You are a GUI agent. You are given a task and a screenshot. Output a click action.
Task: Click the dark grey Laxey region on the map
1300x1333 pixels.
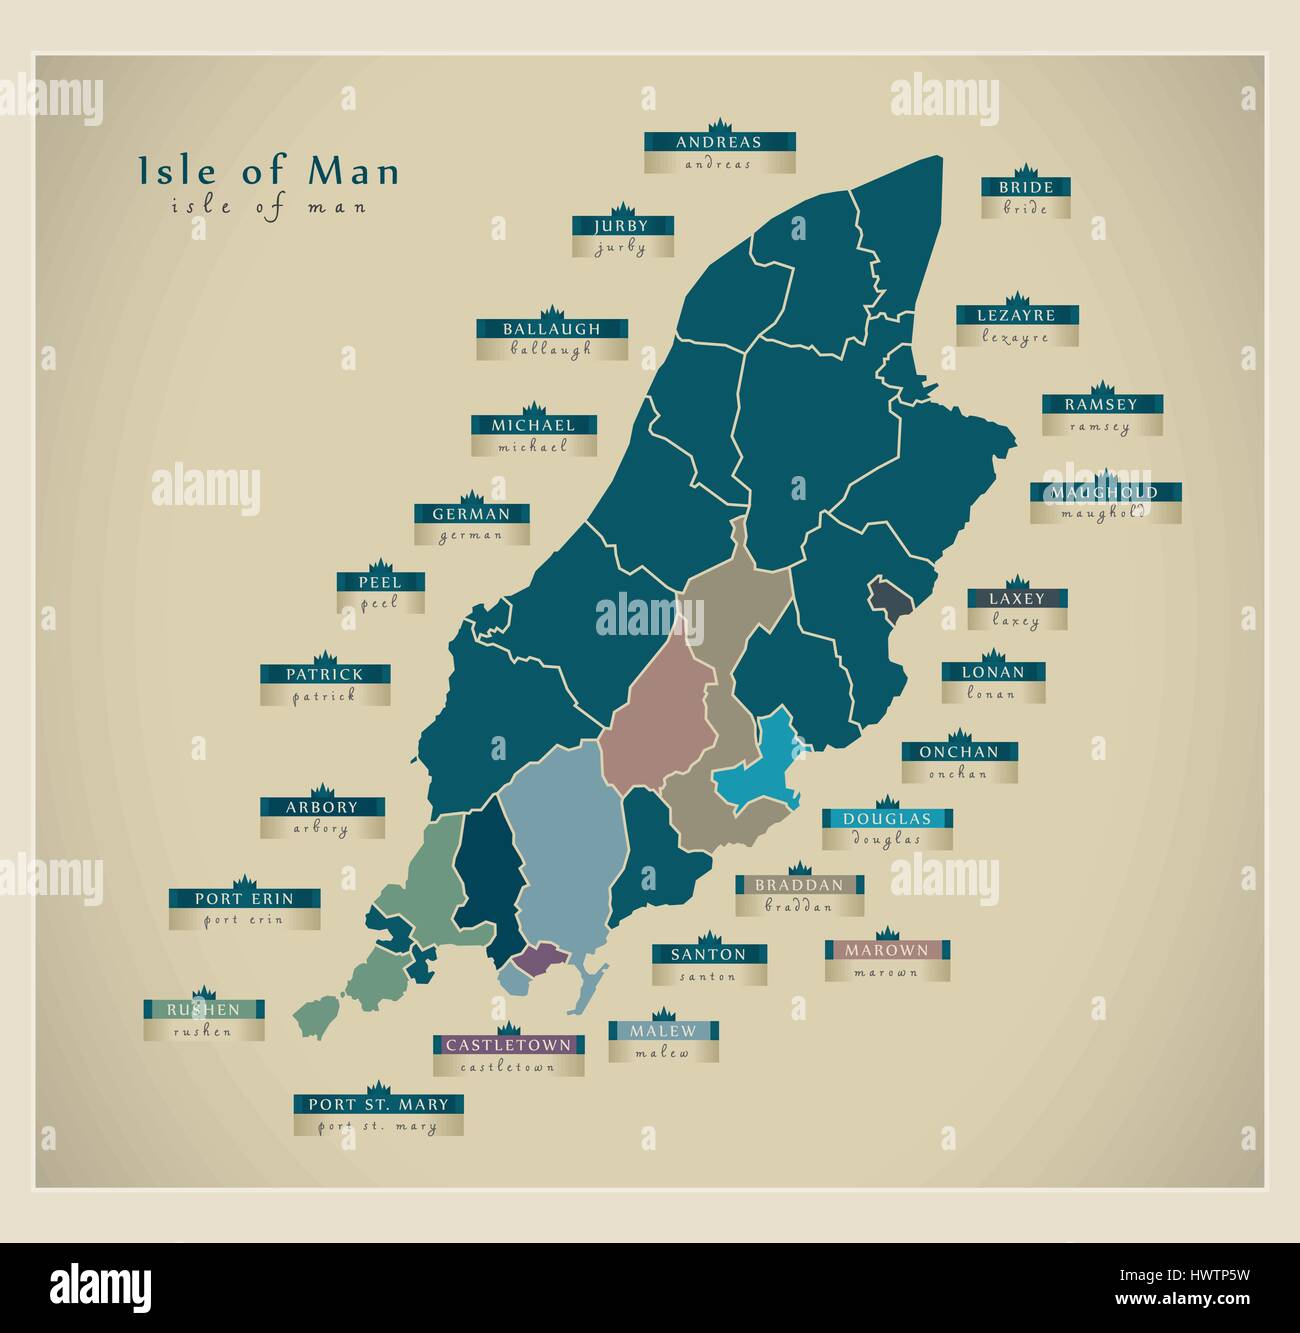892,597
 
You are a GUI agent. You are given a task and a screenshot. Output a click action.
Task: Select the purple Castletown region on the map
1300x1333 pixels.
539,956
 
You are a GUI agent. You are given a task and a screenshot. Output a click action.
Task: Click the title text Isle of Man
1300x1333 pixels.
268,171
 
